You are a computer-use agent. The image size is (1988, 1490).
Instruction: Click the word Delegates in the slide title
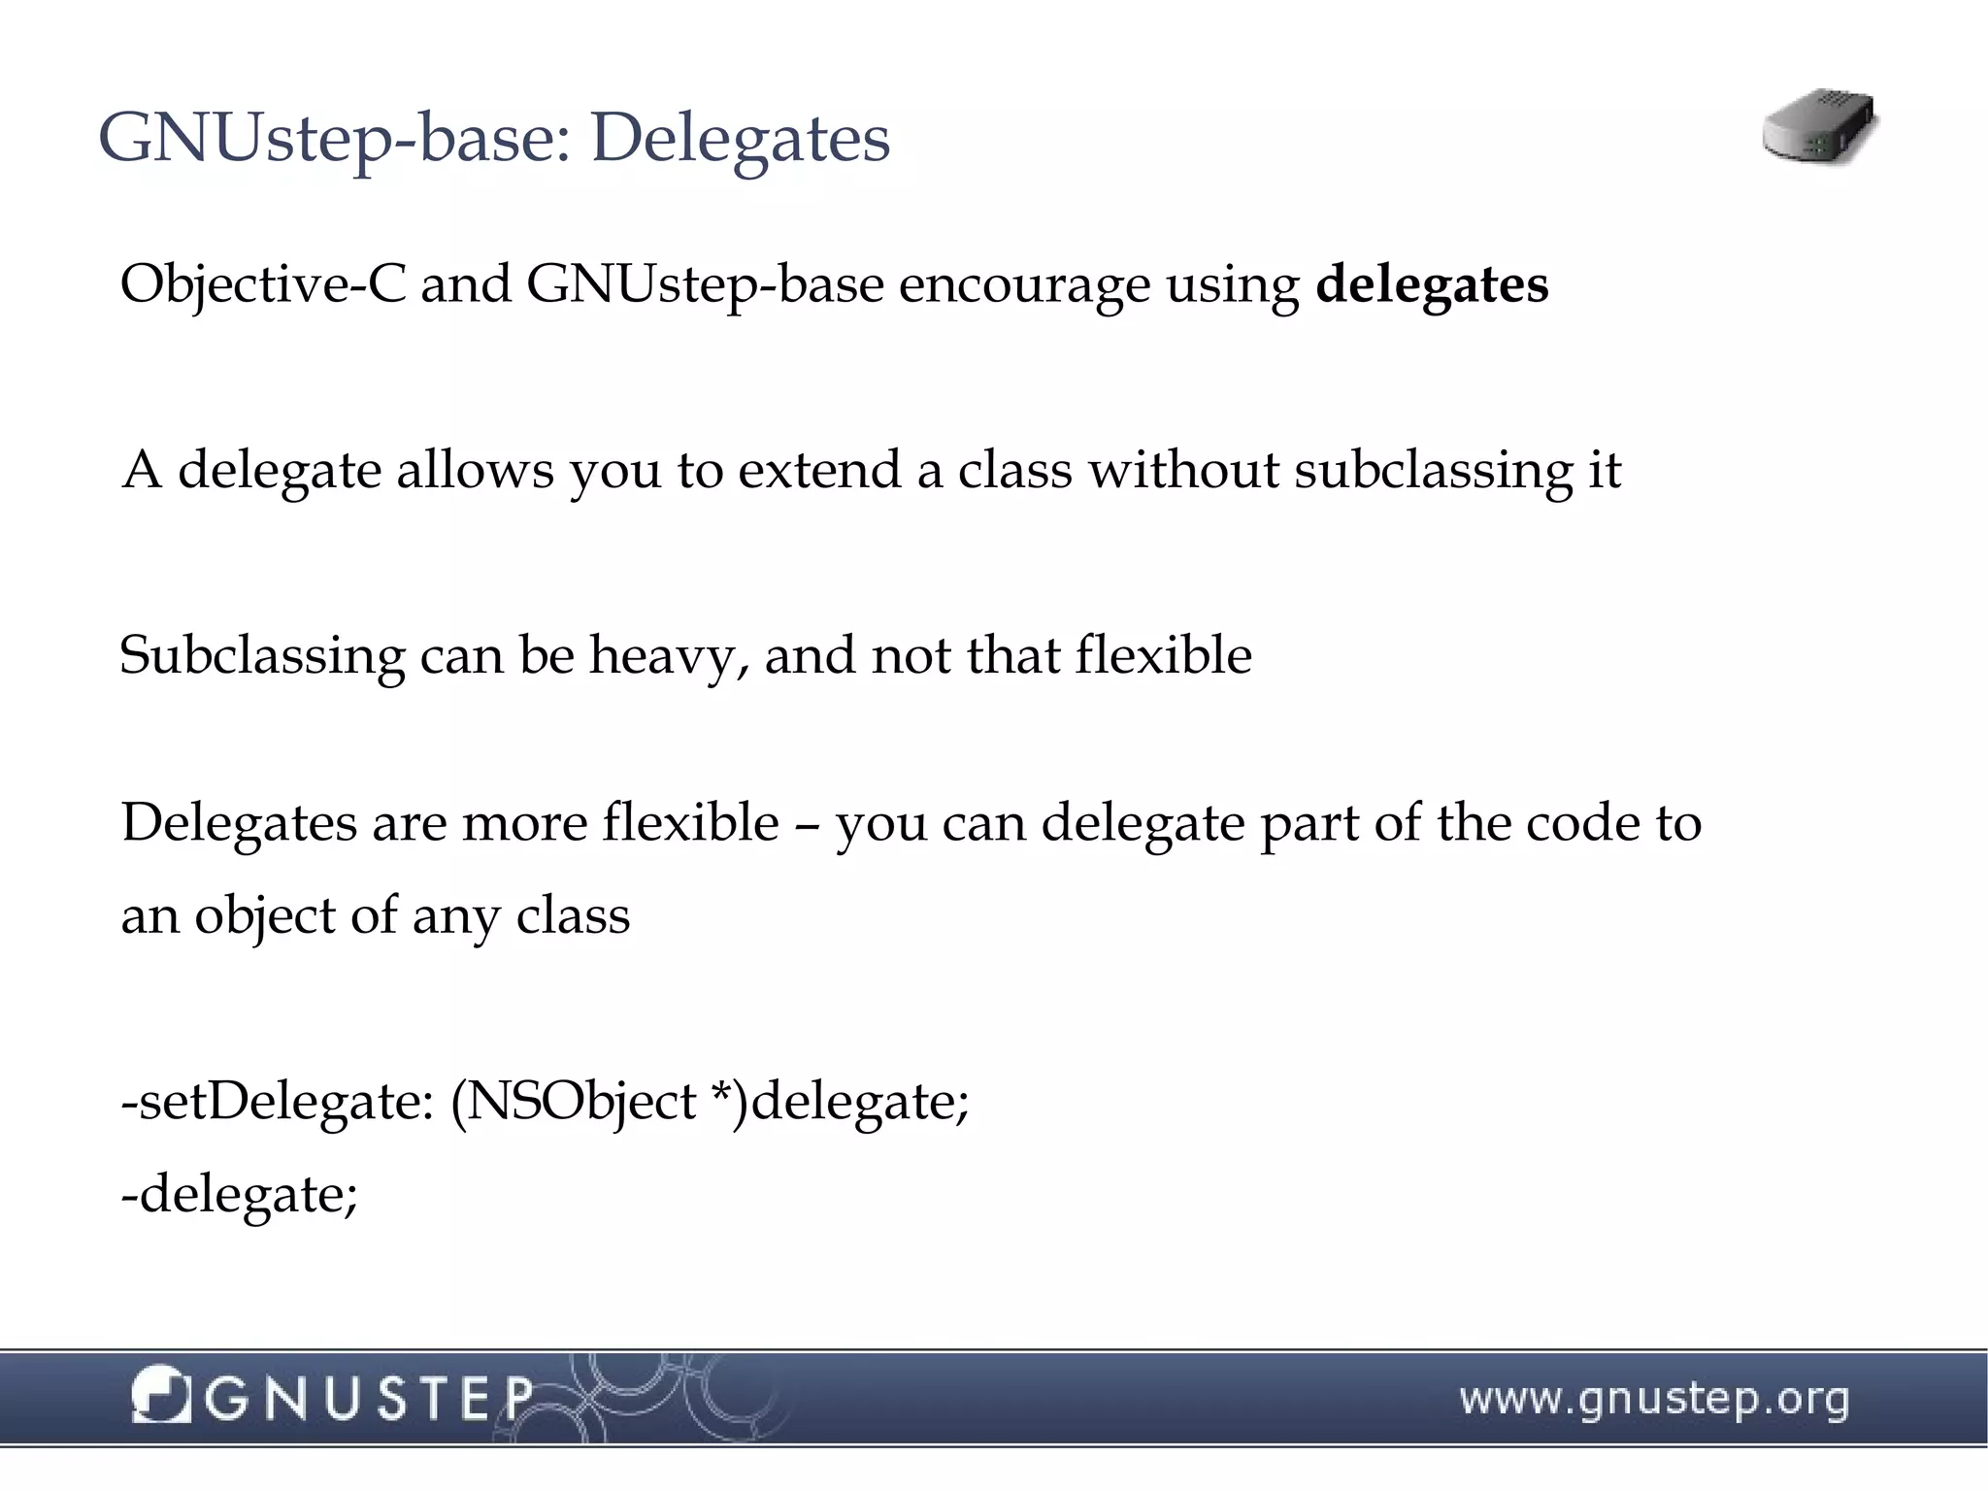tap(740, 138)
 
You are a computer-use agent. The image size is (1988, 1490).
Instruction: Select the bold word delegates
tap(1432, 284)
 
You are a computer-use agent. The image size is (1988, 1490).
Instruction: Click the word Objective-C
tap(262, 284)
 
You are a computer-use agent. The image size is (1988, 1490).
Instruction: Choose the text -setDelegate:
tap(277, 1101)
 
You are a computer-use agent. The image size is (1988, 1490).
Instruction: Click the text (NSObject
tap(573, 1101)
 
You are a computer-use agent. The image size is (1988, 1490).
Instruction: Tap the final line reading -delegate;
tap(239, 1194)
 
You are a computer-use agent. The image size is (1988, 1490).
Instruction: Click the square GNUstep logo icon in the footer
tap(160, 1395)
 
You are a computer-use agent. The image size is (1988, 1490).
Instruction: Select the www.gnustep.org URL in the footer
tap(1653, 1400)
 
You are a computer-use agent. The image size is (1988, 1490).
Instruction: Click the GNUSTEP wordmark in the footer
tap(369, 1398)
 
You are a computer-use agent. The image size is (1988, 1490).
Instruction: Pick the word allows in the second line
tap(474, 470)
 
